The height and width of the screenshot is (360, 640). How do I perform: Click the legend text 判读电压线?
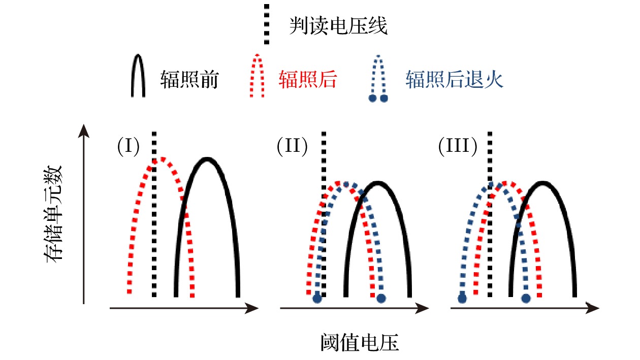click(x=338, y=25)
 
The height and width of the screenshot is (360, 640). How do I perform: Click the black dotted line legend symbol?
click(x=267, y=25)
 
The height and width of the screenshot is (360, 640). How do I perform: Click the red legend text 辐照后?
click(x=308, y=80)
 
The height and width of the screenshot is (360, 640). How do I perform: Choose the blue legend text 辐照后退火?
click(x=455, y=80)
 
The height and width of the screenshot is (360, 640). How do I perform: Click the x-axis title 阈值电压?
click(x=360, y=343)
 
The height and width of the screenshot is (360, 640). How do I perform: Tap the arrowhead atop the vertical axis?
click(x=84, y=131)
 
